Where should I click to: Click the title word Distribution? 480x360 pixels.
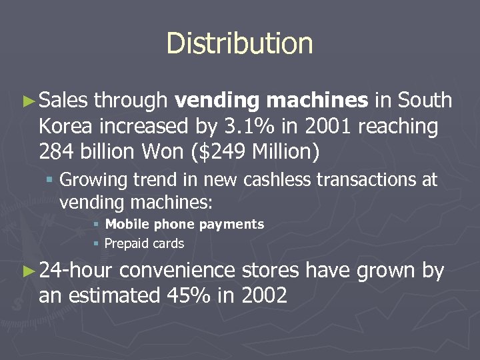coord(239,43)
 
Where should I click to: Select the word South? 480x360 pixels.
coord(425,101)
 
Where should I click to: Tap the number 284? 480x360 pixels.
coord(57,151)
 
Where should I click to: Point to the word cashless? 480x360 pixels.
coord(262,180)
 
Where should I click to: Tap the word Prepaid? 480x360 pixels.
coord(127,244)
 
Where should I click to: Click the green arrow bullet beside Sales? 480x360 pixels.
coord(27,101)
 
